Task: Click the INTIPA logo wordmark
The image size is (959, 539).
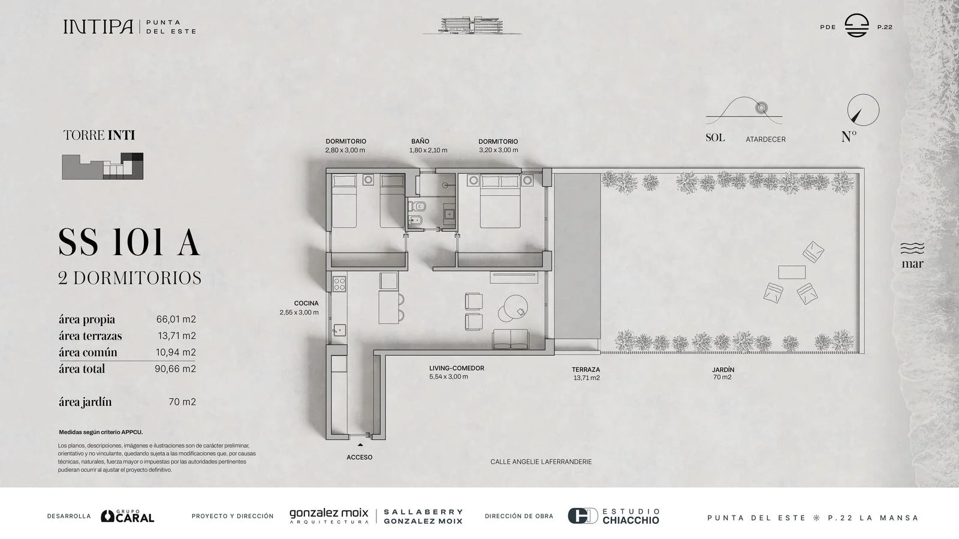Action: pos(98,26)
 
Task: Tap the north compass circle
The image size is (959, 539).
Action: pos(863,94)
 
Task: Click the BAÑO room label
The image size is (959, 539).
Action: pos(420,141)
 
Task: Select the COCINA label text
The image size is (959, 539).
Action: pos(306,303)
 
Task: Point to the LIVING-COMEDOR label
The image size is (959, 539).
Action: pos(456,368)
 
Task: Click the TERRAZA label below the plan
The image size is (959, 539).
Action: pos(586,370)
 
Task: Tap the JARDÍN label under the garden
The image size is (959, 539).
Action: pos(723,370)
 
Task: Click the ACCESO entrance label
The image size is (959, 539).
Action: pos(359,458)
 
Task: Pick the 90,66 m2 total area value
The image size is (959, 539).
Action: pos(175,369)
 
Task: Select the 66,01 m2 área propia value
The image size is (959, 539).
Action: pos(176,319)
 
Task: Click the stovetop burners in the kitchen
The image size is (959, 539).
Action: pos(339,284)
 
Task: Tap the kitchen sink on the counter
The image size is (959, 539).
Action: pos(339,330)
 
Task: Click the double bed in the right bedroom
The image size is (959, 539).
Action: pos(500,201)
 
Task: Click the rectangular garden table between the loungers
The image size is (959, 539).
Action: pos(792,272)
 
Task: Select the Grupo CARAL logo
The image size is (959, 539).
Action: pos(127,516)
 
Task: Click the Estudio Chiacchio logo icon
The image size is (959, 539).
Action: pos(582,516)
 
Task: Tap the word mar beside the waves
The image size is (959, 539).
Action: pos(912,264)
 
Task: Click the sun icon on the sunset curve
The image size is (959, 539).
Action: pos(761,108)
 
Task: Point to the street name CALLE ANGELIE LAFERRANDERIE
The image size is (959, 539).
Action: pos(541,462)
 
